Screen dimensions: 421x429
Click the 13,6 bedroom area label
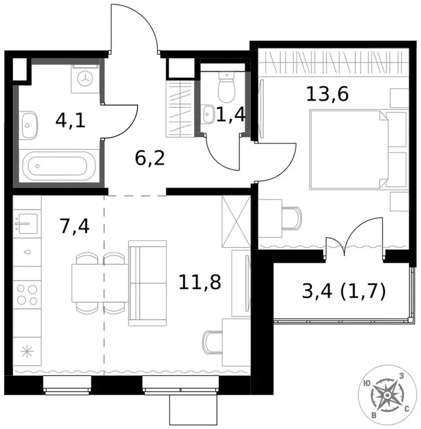[327, 94]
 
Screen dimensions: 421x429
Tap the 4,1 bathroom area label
[70, 121]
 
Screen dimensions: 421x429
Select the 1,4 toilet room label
[231, 115]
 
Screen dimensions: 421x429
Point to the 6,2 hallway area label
[150, 158]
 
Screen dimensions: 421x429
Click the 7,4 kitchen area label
[74, 226]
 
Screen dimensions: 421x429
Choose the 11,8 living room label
[200, 282]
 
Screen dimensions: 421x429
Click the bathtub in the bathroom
[59, 166]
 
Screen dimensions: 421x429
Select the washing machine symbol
[85, 79]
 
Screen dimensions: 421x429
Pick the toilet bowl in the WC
[227, 87]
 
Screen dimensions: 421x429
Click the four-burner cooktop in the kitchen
[27, 294]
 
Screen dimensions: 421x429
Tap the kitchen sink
[26, 224]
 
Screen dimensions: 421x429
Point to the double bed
[358, 149]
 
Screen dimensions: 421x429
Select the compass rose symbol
[386, 395]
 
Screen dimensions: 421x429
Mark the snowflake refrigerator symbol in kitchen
[27, 351]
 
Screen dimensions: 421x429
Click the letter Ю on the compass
[366, 384]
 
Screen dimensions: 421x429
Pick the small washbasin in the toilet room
[209, 114]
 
